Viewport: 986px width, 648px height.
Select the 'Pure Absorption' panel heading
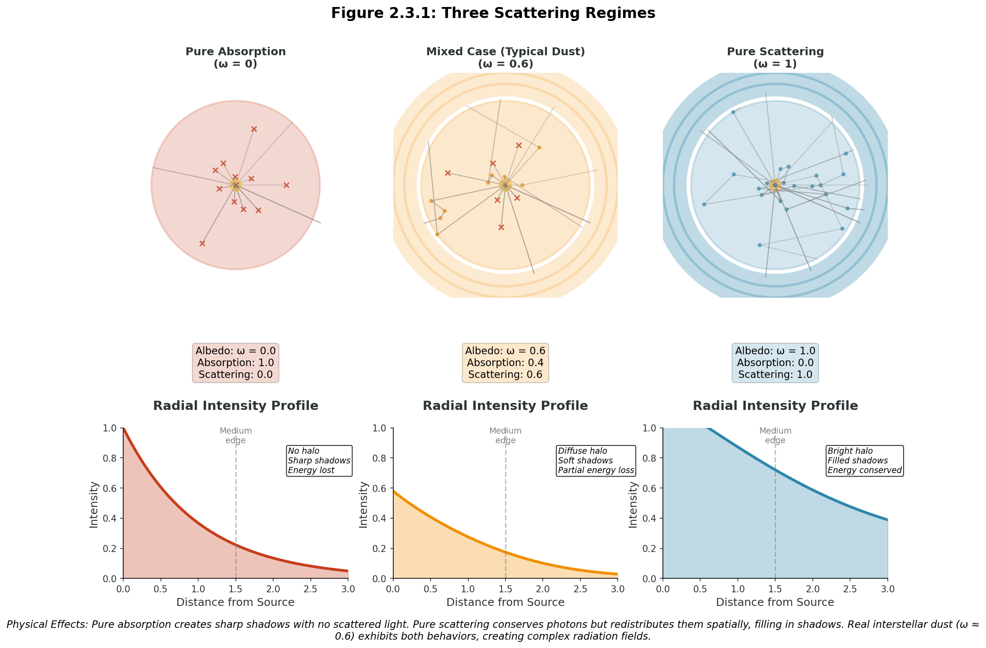(235, 52)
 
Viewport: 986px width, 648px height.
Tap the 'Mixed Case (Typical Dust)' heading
(505, 52)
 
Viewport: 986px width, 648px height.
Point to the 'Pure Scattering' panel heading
(775, 52)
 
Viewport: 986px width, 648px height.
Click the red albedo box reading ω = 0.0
(235, 363)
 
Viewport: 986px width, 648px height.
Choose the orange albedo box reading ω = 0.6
(505, 363)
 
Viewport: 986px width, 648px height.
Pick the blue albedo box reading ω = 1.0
(775, 363)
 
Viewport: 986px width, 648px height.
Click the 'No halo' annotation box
(319, 461)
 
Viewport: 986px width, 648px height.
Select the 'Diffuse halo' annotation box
(596, 461)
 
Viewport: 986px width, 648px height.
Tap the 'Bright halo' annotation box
(865, 461)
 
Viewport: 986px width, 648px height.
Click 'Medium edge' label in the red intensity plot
(236, 436)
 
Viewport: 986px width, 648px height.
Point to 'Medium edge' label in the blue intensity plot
(775, 436)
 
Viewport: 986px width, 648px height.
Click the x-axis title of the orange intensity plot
(505, 602)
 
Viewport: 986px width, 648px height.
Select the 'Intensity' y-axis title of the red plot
(94, 505)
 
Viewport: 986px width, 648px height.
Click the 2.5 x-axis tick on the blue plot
(850, 588)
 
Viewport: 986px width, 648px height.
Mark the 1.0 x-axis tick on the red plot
(198, 588)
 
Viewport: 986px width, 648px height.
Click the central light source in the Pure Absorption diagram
(235, 185)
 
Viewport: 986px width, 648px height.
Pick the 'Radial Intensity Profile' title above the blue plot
(775, 406)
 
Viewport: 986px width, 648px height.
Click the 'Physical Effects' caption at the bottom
(493, 630)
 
